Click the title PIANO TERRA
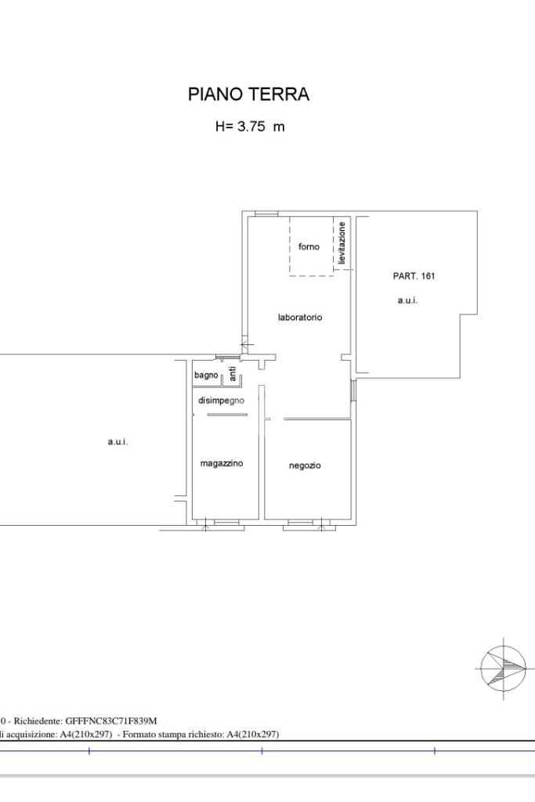pyautogui.click(x=248, y=94)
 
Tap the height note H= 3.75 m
pyautogui.click(x=250, y=126)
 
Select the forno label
pyautogui.click(x=309, y=246)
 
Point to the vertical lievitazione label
pyautogui.click(x=342, y=243)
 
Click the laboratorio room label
pyautogui.click(x=300, y=317)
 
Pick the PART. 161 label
pyautogui.click(x=414, y=275)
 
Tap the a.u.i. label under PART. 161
pyautogui.click(x=407, y=300)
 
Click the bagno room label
pyautogui.click(x=206, y=376)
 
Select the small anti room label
pyautogui.click(x=233, y=374)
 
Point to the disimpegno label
pyautogui.click(x=221, y=401)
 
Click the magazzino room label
pyautogui.click(x=221, y=463)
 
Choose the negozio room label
pyautogui.click(x=305, y=466)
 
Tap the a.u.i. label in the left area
pyautogui.click(x=117, y=441)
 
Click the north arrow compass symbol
pyautogui.click(x=504, y=668)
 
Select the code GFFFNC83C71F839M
pyautogui.click(x=111, y=721)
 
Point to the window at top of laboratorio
pyautogui.click(x=266, y=214)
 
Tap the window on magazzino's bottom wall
pyautogui.click(x=226, y=522)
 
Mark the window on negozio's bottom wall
pyautogui.click(x=300, y=522)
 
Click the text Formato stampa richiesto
pyautogui.click(x=171, y=735)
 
